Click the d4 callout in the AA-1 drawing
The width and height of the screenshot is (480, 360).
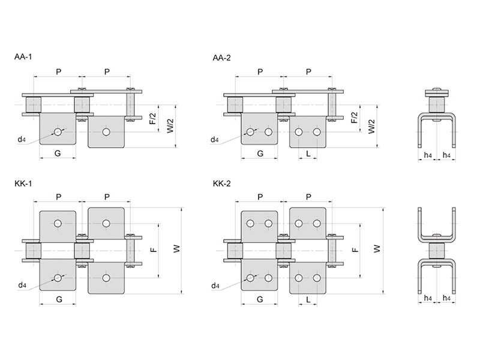22,140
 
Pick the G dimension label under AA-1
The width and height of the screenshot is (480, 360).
58,154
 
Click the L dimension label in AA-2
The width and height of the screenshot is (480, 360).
308,154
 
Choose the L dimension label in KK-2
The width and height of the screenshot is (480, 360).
308,298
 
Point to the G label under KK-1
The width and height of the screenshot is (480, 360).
58,298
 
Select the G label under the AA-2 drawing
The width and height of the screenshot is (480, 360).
260,154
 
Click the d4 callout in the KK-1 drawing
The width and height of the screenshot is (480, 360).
22,284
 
